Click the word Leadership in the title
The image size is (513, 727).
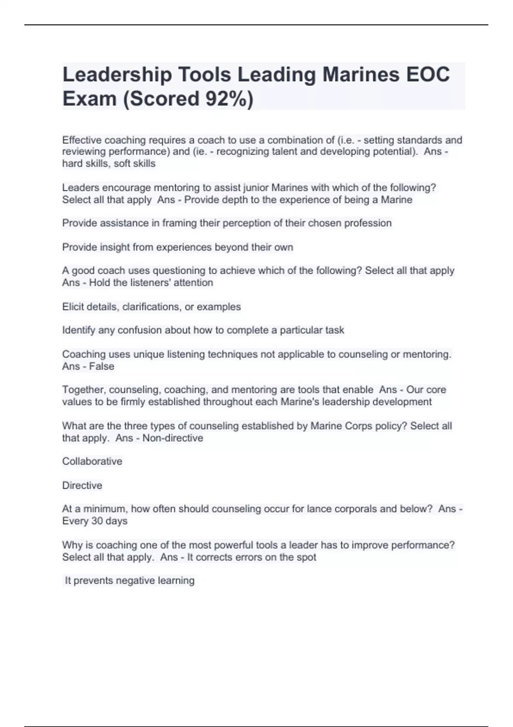pos(117,75)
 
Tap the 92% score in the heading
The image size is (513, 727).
pos(226,99)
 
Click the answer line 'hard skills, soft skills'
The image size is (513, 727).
pos(109,163)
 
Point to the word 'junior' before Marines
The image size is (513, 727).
pos(256,188)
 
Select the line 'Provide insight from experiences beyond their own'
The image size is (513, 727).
pos(177,247)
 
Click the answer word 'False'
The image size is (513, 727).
pos(102,366)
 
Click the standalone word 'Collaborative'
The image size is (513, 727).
pos(92,461)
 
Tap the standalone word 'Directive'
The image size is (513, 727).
pos(82,485)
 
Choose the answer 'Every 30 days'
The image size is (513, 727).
pos(94,521)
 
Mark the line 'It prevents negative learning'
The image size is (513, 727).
pos(129,581)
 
